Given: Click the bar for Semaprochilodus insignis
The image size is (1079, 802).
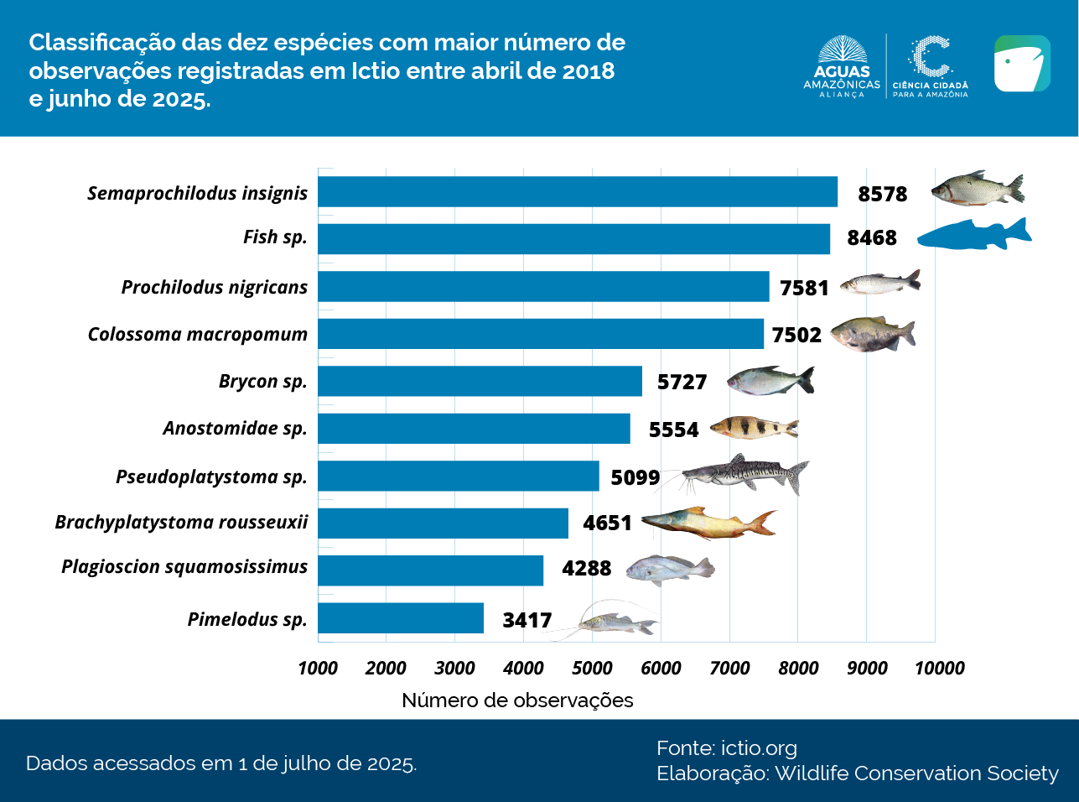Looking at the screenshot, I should [577, 191].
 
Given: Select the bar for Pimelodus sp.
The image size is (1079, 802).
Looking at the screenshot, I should [400, 618].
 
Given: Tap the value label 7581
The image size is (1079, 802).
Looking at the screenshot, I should [803, 288].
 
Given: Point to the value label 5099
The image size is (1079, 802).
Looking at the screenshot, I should [635, 477].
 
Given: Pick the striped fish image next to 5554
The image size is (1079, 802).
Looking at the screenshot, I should [753, 428].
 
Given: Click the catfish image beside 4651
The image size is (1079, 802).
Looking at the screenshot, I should [708, 523].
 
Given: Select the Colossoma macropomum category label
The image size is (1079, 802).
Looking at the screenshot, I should [198, 334].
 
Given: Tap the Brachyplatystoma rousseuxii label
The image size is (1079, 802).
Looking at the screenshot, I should [181, 522].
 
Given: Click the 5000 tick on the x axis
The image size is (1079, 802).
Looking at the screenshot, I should [592, 668].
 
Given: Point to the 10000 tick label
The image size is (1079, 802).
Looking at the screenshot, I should [939, 668].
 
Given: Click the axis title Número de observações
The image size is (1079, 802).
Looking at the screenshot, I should [517, 700].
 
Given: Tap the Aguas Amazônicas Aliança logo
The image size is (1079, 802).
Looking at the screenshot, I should [842, 67].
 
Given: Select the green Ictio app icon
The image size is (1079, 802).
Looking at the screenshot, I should [1022, 64].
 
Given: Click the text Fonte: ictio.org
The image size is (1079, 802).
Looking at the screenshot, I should [726, 747].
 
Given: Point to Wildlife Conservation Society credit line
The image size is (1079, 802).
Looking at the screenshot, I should [857, 773].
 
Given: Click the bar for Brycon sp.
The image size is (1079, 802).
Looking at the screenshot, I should [480, 381].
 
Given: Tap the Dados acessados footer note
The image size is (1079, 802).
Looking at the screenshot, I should [221, 763].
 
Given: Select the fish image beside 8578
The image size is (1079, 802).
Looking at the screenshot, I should [977, 189].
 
